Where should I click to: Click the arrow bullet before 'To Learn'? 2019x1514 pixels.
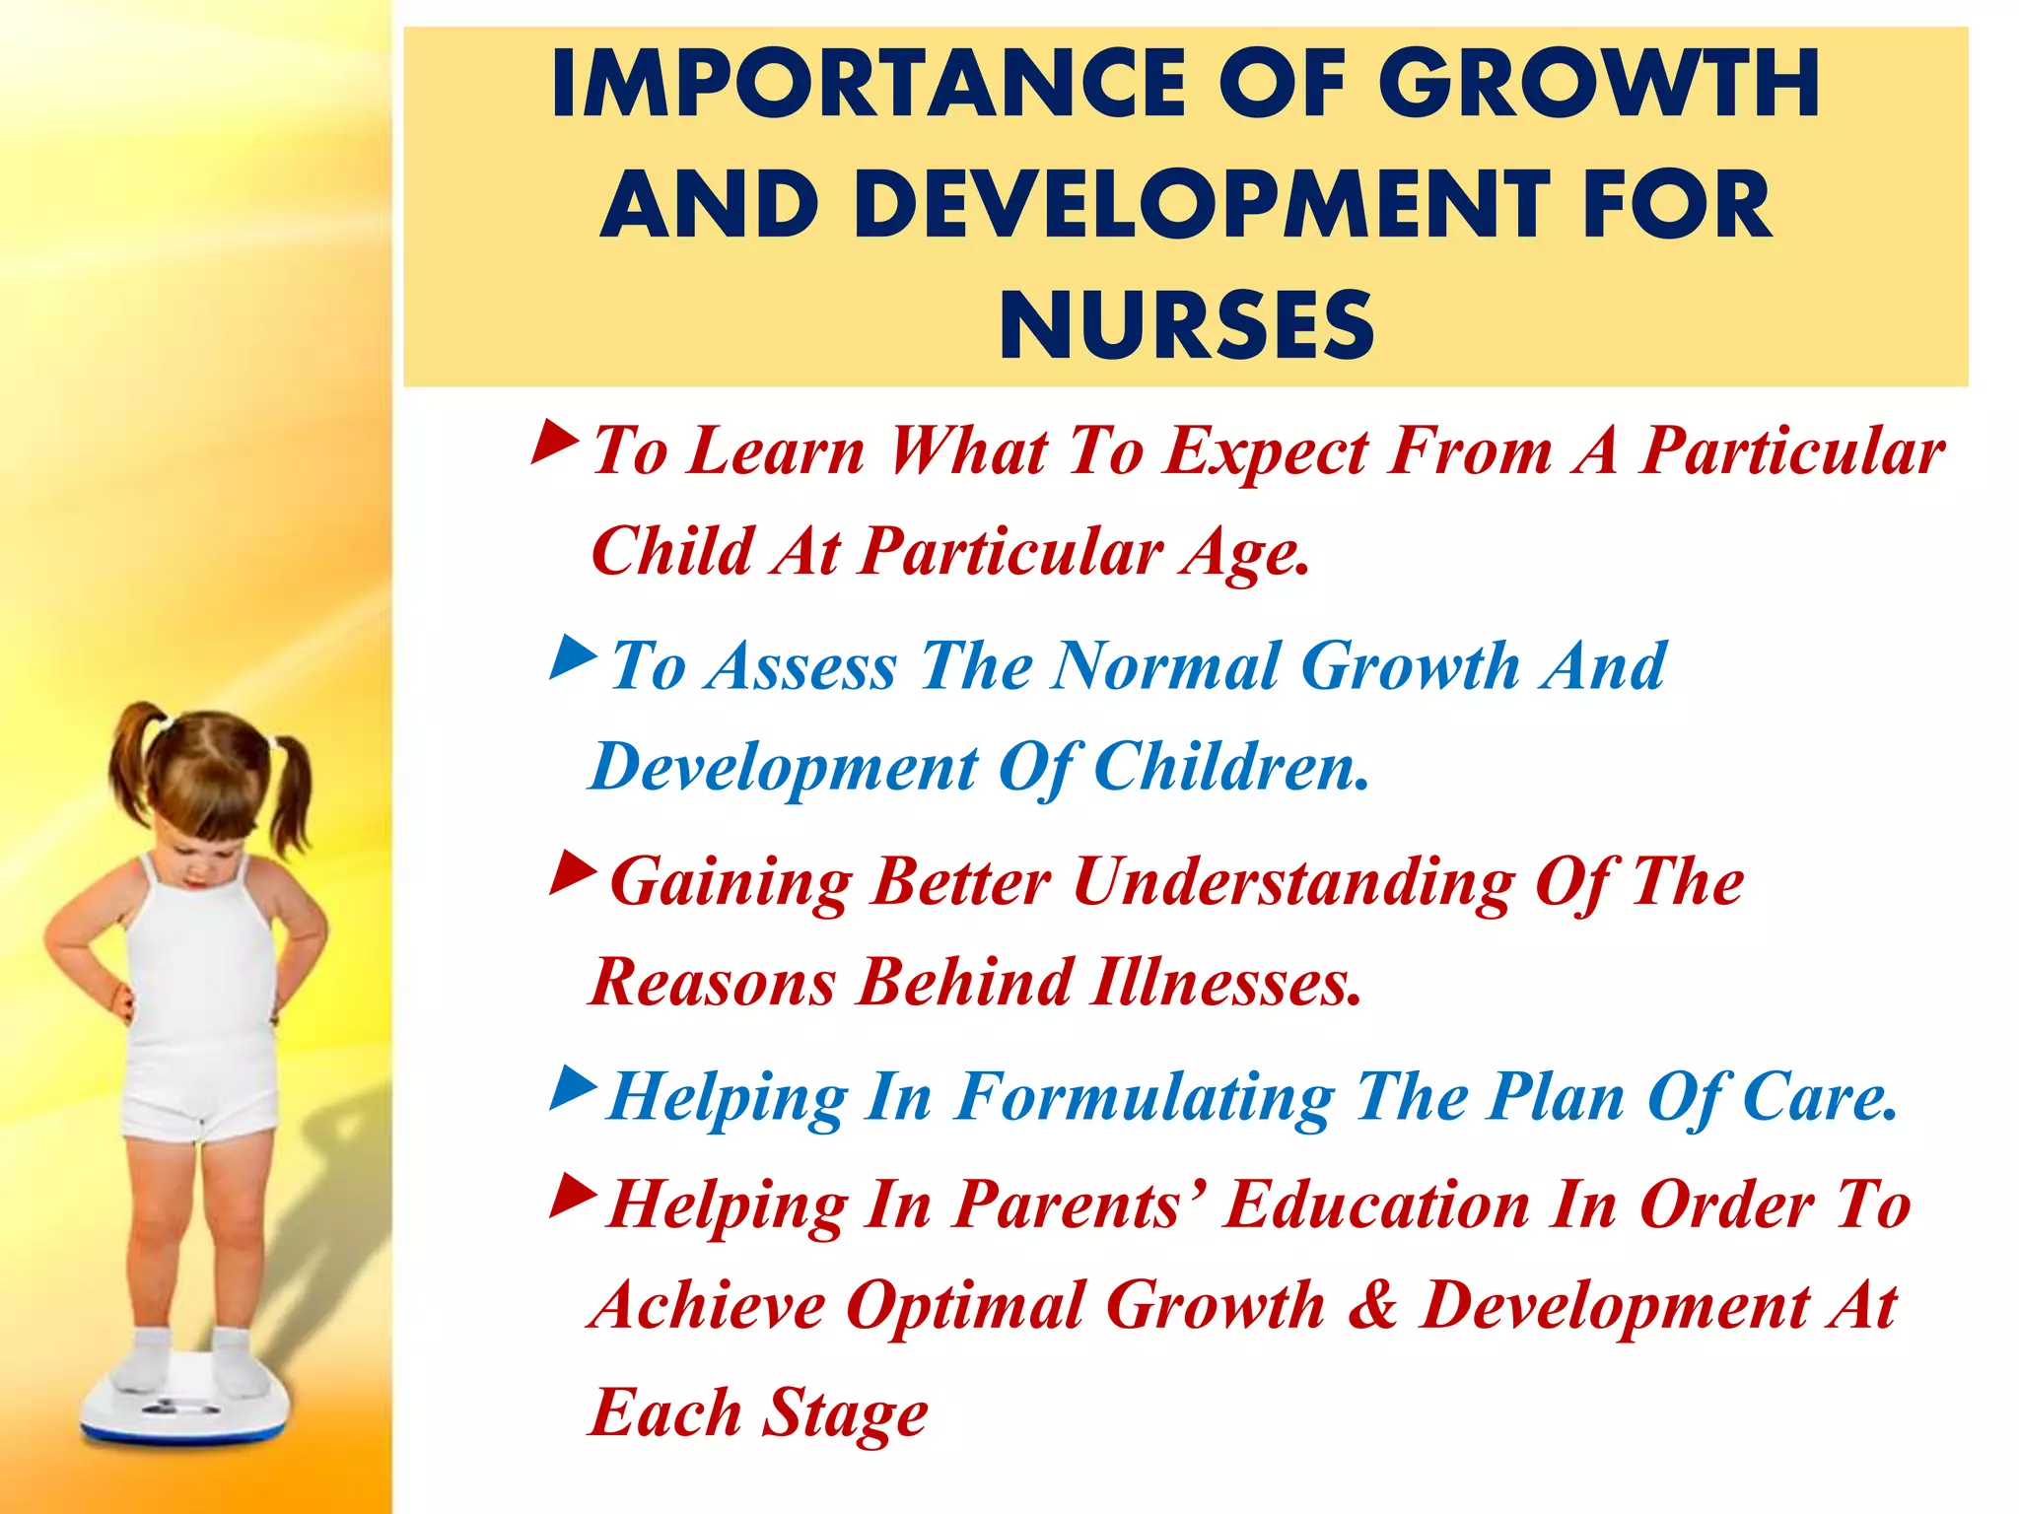(555, 443)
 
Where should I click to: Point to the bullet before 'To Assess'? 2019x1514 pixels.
(574, 656)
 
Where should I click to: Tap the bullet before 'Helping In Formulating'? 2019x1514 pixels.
(574, 1087)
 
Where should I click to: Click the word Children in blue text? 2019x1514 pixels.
(1231, 767)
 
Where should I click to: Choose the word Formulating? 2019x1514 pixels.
(1145, 1097)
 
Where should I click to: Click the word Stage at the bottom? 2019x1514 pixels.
(847, 1412)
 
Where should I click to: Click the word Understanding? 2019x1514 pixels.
(1292, 882)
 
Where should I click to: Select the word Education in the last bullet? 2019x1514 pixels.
(1376, 1204)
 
